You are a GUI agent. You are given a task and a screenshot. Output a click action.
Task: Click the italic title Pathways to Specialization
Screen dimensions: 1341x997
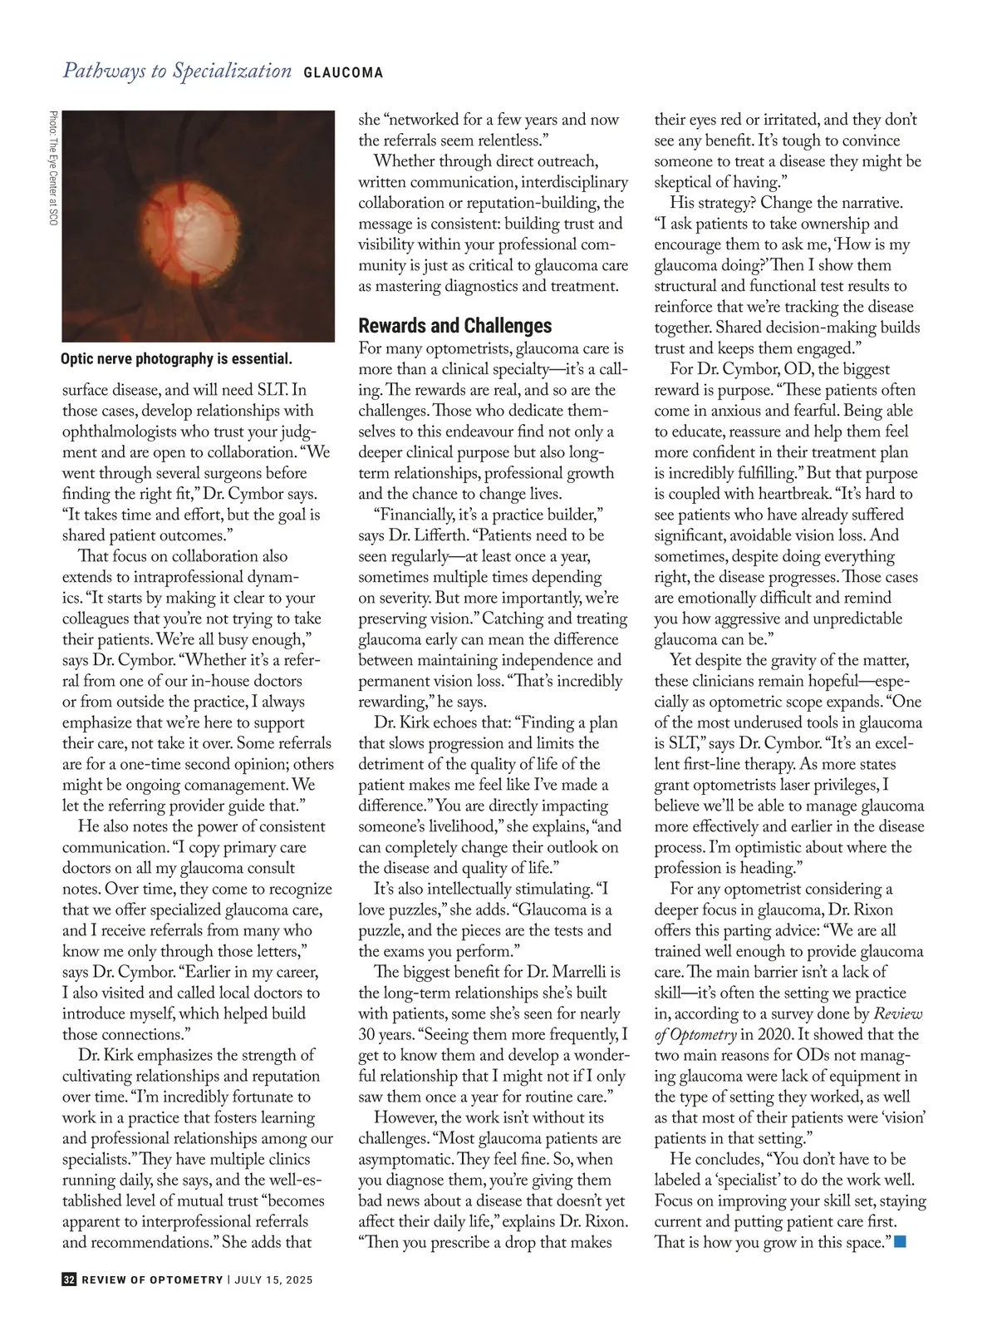coord(177,71)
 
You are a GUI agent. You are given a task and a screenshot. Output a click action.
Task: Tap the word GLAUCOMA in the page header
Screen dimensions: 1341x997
coord(343,73)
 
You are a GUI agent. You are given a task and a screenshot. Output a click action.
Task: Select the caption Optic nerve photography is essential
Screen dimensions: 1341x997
coord(176,359)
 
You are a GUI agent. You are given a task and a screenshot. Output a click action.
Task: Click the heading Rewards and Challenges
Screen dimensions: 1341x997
coord(454,326)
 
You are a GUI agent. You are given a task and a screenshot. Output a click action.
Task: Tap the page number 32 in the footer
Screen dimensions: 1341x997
coord(69,1279)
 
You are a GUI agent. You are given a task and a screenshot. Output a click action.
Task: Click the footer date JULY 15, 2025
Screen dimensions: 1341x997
coord(273,1280)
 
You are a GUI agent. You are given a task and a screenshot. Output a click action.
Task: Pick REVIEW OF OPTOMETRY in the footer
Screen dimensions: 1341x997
coord(152,1280)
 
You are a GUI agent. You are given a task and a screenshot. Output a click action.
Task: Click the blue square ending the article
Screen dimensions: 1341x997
coord(899,1242)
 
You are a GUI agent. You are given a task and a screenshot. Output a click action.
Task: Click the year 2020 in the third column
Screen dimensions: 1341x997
coord(778,1034)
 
